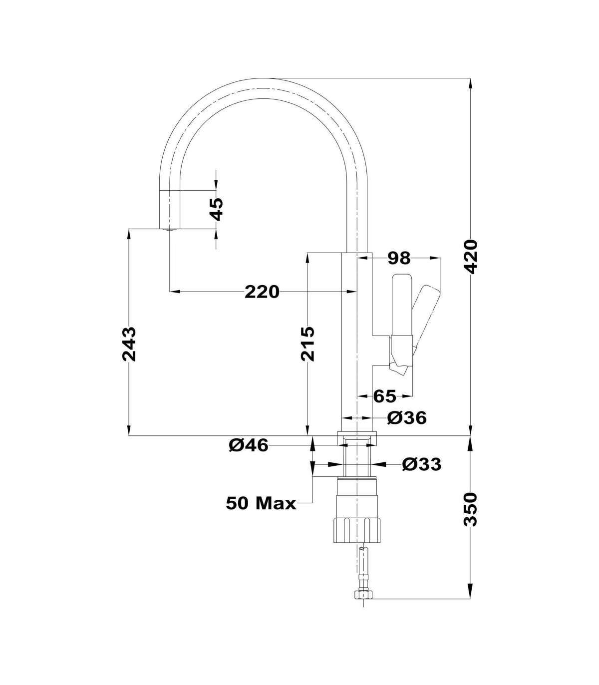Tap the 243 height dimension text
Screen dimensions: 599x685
pyautogui.click(x=129, y=344)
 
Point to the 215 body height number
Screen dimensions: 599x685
pyautogui.click(x=307, y=344)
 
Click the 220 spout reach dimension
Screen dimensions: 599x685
pyautogui.click(x=262, y=292)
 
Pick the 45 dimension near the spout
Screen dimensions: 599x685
pyautogui.click(x=217, y=209)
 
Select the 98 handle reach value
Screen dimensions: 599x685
pyautogui.click(x=399, y=258)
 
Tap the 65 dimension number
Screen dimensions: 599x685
pyautogui.click(x=385, y=396)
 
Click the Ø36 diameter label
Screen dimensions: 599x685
pyautogui.click(x=407, y=418)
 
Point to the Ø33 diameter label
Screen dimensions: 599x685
pyautogui.click(x=422, y=464)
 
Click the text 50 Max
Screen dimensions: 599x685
pyautogui.click(x=262, y=513)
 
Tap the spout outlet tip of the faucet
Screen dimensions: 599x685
pyautogui.click(x=169, y=229)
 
